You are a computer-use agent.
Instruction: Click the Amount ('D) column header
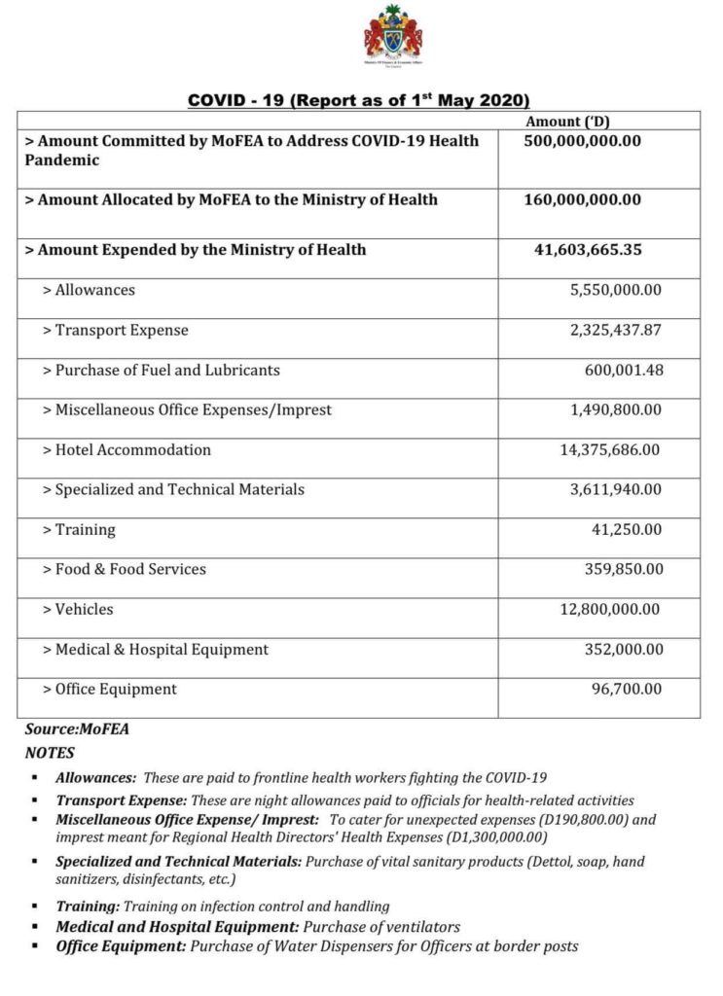[567, 122]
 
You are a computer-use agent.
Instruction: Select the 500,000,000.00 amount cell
[582, 141]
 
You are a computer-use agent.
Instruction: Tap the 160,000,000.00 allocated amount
[582, 200]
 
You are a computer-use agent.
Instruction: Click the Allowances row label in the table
[89, 290]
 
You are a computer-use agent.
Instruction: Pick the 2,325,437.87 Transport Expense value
[615, 331]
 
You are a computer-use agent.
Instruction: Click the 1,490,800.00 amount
[615, 410]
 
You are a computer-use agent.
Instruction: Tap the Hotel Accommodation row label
[127, 450]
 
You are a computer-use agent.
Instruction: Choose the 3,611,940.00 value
[615, 490]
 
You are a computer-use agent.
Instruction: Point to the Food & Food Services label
[125, 570]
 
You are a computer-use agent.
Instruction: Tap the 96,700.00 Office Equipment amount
[628, 690]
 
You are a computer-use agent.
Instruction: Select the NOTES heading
[50, 753]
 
